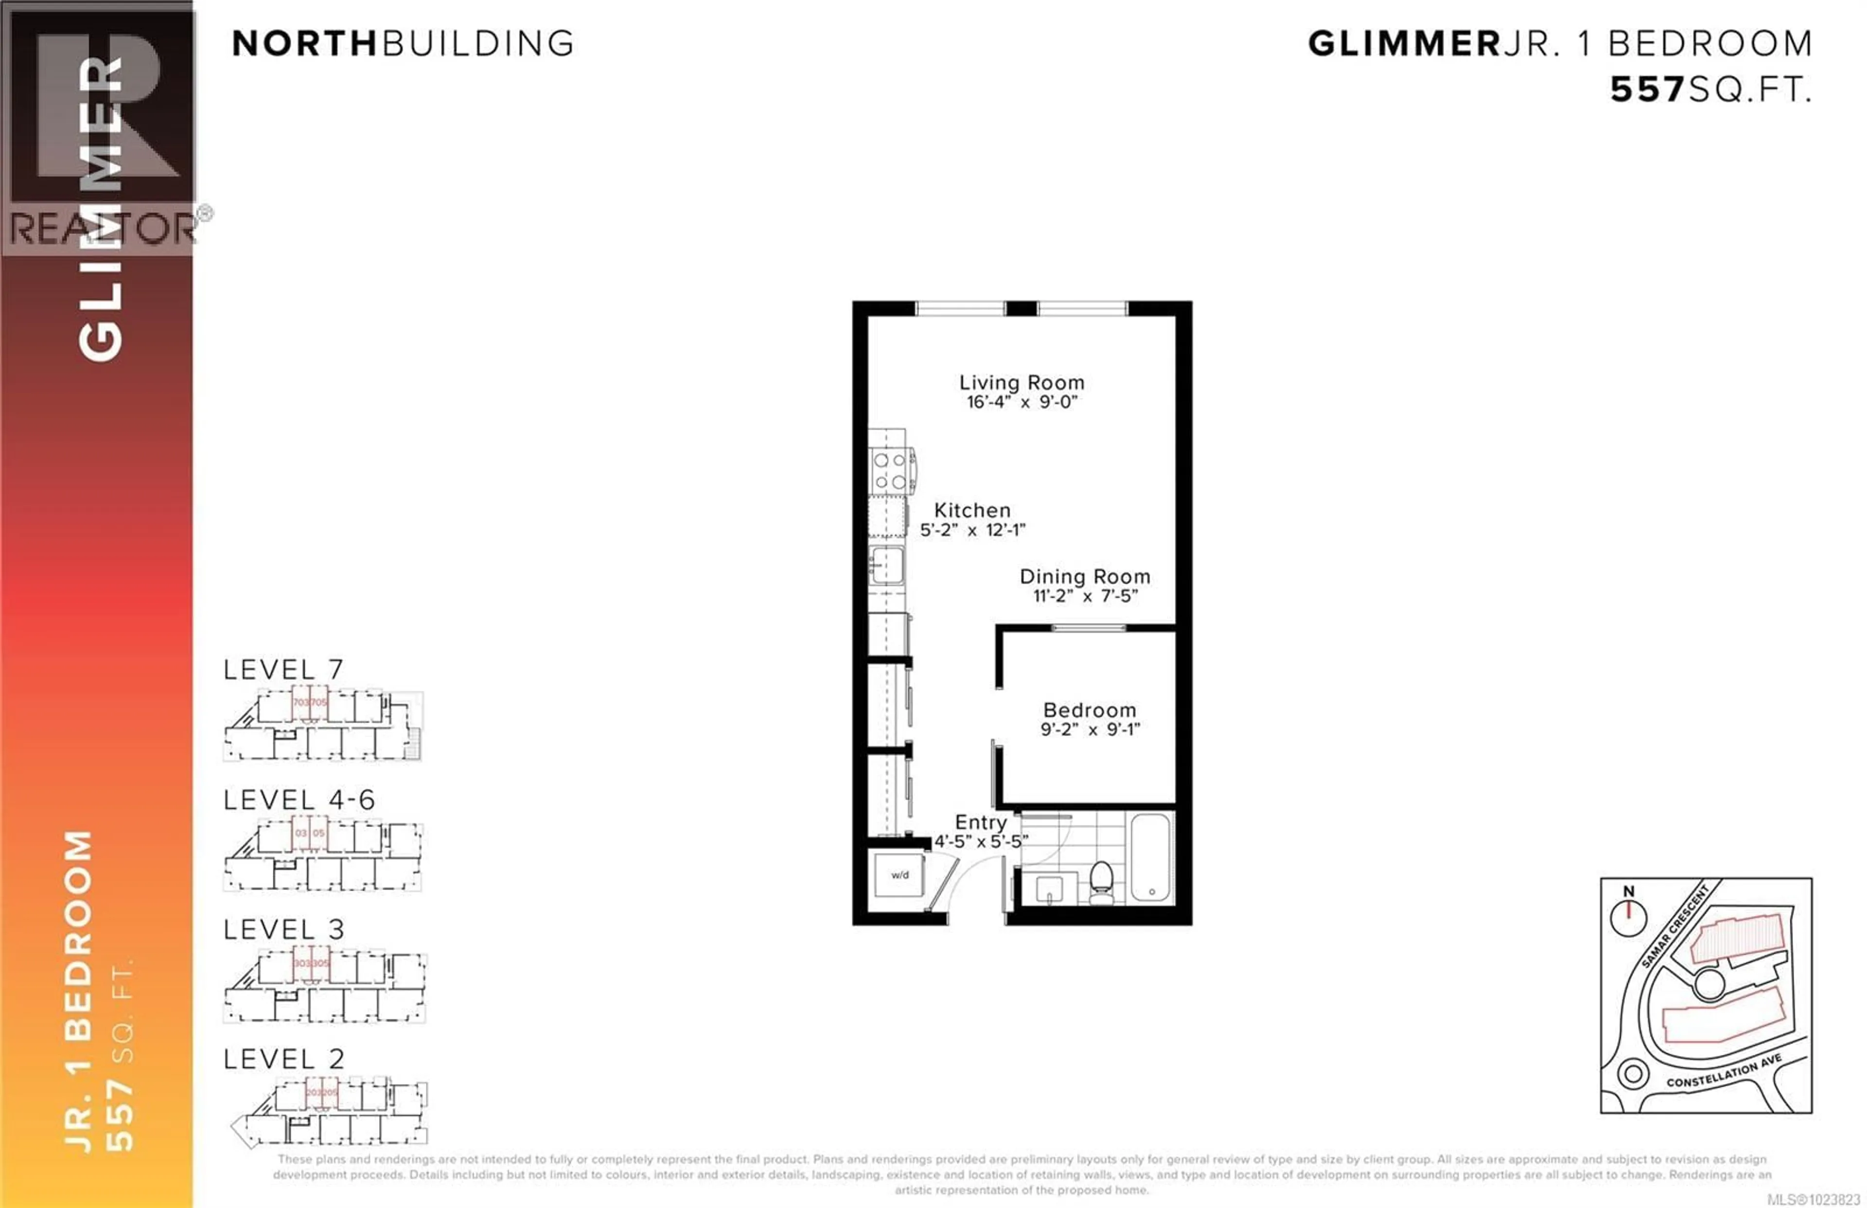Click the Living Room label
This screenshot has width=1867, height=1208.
[x=1021, y=383]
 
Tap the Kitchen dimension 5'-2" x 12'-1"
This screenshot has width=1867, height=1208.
[x=972, y=530]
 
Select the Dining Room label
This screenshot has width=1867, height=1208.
[x=1084, y=577]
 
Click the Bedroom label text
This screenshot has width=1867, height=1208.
[x=1089, y=710]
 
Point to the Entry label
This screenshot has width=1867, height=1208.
[x=980, y=822]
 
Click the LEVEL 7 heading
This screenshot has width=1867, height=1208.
[x=283, y=670]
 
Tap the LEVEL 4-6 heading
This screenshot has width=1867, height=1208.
[x=299, y=800]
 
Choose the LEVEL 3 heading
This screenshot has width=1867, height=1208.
[x=283, y=929]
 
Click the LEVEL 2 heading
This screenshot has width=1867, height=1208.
[x=283, y=1059]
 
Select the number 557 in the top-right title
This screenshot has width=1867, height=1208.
[x=1647, y=90]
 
